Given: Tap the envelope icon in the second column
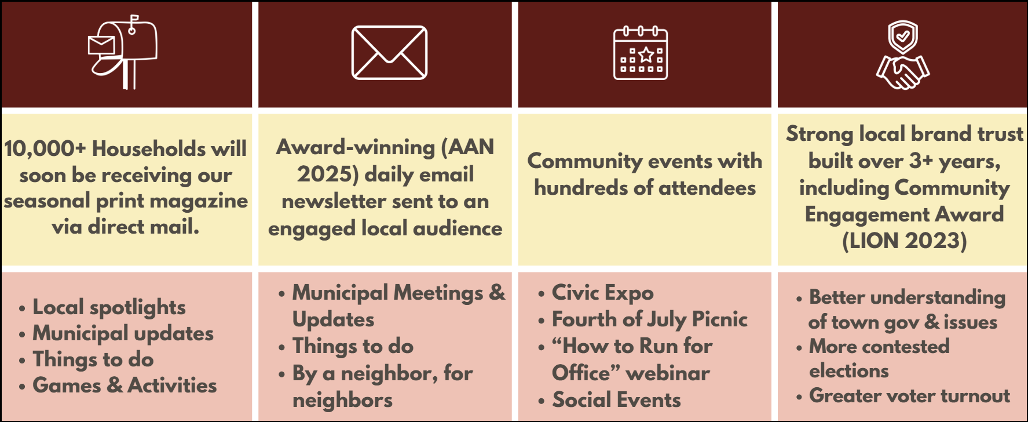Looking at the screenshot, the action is point(389,53).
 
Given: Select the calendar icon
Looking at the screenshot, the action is point(641,53).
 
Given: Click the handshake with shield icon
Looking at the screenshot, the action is point(902,55).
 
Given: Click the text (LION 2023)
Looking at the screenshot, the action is point(904,241).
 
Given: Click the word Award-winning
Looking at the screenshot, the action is point(355,148).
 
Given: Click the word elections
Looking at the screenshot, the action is point(848,371).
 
